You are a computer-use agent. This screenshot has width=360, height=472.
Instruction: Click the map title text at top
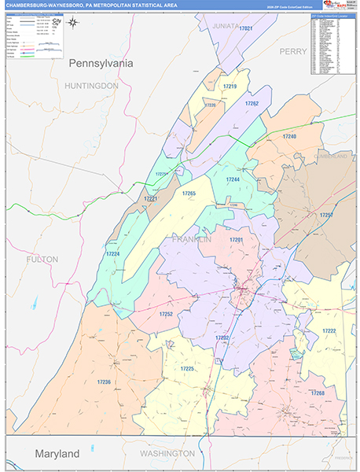pyautogui.click(x=91, y=6)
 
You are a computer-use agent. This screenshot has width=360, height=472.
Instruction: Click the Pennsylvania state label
pyautogui.click(x=101, y=62)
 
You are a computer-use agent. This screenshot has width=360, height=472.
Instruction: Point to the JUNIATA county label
pyautogui.click(x=225, y=25)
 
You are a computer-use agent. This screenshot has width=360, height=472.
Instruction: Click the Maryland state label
pyautogui.click(x=57, y=454)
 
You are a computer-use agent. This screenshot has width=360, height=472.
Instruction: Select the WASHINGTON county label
pyautogui.click(x=167, y=454)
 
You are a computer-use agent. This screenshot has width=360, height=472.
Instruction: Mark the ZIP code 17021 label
pyautogui.click(x=246, y=28)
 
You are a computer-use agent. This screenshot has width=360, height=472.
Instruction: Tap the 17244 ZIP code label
pyautogui.click(x=233, y=179)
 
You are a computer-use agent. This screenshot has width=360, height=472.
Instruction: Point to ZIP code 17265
pyautogui.click(x=189, y=193)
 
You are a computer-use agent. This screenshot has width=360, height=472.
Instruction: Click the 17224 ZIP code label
pyautogui.click(x=113, y=254)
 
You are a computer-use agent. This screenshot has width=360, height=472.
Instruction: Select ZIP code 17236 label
pyautogui.click(x=105, y=382)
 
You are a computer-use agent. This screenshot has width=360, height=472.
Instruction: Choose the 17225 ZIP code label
pyautogui.click(x=186, y=368)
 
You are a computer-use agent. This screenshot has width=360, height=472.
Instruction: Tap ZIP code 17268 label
pyautogui.click(x=317, y=393)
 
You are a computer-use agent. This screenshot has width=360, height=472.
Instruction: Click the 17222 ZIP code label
pyautogui.click(x=329, y=330)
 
